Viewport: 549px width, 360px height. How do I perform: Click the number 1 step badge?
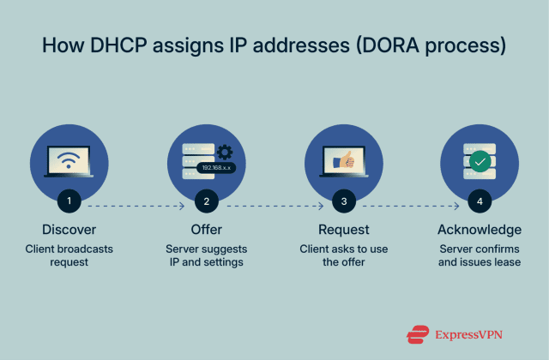[69, 203]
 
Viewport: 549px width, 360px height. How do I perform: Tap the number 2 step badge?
[206, 203]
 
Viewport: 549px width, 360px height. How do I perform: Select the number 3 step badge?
[343, 203]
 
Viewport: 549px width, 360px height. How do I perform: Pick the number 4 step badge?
[480, 203]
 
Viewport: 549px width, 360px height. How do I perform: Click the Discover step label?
[69, 230]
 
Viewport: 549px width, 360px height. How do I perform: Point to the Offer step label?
[206, 230]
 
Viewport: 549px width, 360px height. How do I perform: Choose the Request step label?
[343, 230]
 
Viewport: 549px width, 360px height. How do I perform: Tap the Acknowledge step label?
[480, 230]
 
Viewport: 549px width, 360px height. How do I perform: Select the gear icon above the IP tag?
[225, 153]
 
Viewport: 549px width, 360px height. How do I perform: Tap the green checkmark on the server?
[480, 160]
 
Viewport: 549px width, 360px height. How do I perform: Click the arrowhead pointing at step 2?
[182, 206]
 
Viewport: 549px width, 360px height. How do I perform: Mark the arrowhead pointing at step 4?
[456, 206]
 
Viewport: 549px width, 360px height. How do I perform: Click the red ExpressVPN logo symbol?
[418, 332]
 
